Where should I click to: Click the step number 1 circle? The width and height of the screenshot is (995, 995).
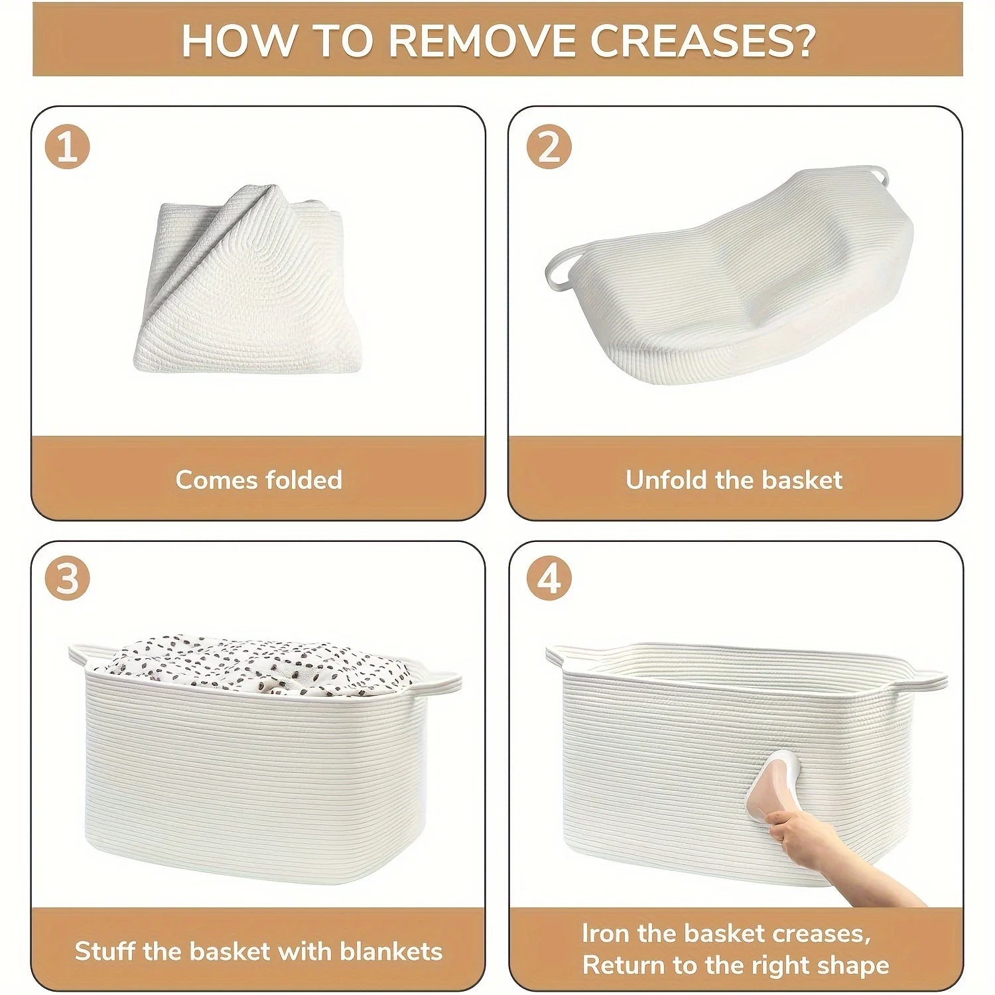click(67, 147)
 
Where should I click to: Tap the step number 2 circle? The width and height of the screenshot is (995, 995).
click(549, 147)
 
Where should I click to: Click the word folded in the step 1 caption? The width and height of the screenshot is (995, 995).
click(303, 480)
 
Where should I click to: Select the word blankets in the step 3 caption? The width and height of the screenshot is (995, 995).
click(391, 951)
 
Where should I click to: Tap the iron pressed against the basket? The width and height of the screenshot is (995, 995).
click(781, 795)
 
